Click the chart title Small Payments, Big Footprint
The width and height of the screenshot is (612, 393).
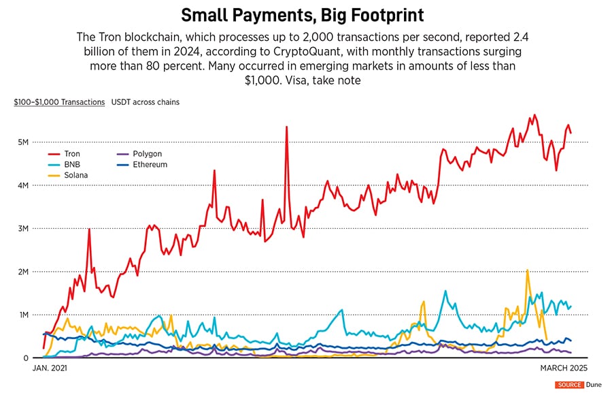[x=305, y=16]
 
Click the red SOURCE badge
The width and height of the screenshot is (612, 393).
[x=568, y=385]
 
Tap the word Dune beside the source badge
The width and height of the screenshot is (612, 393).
[x=594, y=385]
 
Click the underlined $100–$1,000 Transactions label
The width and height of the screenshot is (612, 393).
[x=59, y=102]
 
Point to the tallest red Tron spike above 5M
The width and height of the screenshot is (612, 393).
[x=287, y=127]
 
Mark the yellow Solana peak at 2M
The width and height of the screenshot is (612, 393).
[x=527, y=270]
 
